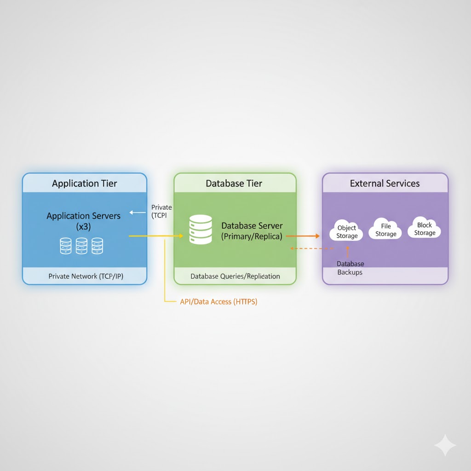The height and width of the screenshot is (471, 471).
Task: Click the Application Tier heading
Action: click(85, 184)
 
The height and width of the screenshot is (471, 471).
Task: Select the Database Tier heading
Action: click(234, 184)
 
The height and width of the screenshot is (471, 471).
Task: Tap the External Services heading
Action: click(385, 184)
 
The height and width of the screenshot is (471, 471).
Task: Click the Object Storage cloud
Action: click(347, 232)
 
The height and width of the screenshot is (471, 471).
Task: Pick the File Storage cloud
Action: click(385, 230)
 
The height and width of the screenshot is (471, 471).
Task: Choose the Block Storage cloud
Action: click(425, 229)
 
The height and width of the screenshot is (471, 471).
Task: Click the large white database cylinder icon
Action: click(201, 230)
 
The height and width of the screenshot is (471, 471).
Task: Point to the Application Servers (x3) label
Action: click(84, 221)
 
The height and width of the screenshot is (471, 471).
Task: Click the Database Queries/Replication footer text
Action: click(235, 276)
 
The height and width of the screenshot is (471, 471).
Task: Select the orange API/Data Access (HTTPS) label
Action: click(218, 302)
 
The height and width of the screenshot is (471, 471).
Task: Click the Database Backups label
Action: click(350, 268)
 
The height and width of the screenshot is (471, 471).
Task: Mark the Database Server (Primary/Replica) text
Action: click(252, 231)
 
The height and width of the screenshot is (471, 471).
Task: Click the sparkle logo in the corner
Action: click(445, 445)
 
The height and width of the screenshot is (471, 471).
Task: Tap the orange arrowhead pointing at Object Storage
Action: click(316, 236)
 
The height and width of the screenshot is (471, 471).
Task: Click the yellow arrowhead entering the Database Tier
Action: click(181, 236)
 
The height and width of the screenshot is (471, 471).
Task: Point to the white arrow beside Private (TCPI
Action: click(137, 213)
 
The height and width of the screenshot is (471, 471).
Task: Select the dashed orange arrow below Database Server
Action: click(312, 248)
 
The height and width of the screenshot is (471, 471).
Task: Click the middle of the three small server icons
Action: click(81, 246)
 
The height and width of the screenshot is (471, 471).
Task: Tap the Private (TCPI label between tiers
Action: click(161, 211)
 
